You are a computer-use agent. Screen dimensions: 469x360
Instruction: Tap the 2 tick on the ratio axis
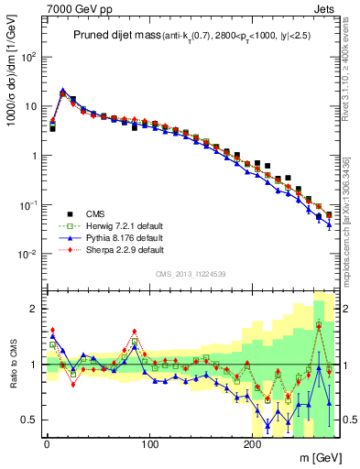(35, 309)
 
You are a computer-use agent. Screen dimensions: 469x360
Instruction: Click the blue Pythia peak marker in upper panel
(62, 91)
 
